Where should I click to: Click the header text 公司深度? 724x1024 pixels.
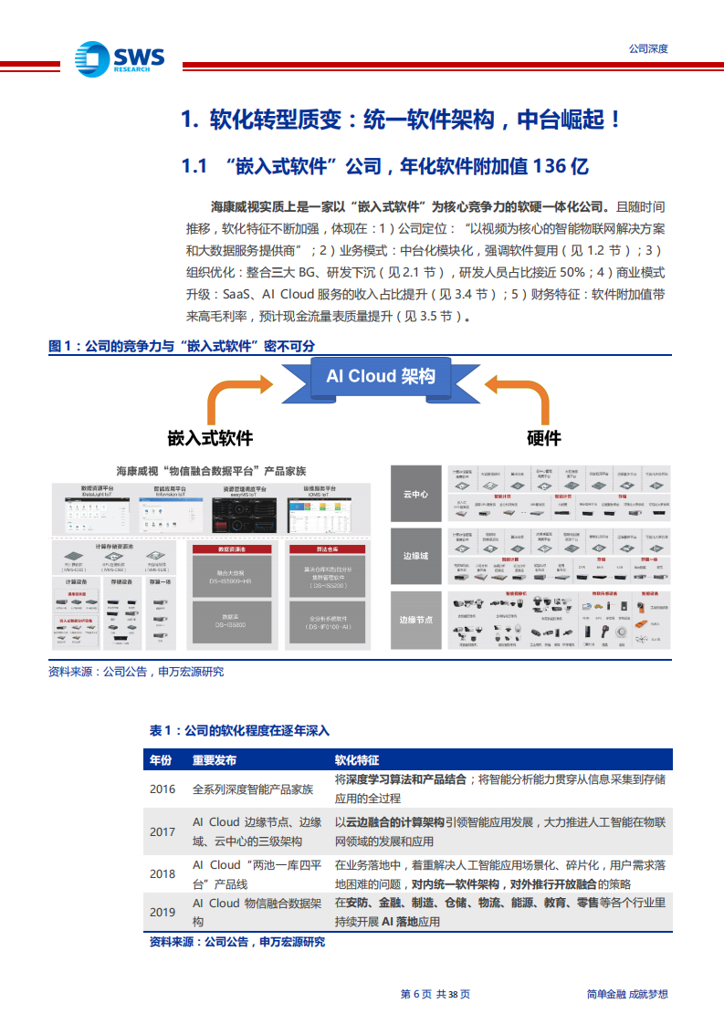648,48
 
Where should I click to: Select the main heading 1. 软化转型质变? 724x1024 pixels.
402,120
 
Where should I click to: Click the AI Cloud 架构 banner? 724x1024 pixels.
381,376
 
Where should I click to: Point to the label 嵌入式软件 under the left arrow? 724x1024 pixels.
210,437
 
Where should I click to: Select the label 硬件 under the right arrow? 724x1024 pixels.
544,437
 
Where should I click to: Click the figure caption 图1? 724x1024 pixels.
180,347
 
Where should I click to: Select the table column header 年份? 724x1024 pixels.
161,759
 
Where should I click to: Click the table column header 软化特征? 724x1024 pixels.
357,759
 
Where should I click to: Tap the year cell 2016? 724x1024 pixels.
163,789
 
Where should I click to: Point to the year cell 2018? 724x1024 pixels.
163,873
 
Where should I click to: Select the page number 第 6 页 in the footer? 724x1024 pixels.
415,994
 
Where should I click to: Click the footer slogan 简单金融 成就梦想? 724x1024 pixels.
626,994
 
